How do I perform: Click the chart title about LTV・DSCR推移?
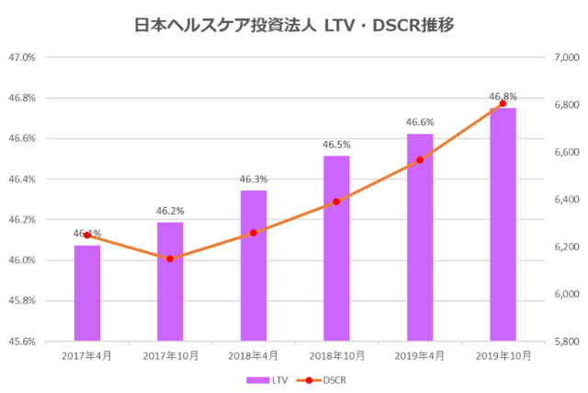coord(294,26)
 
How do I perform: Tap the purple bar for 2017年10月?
coord(170,282)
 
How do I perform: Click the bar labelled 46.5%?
coord(336,249)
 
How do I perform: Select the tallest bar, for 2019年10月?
coord(503,225)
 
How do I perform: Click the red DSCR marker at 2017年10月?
coord(170,259)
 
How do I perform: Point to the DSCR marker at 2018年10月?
coord(336,202)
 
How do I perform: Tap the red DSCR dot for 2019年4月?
coord(420,160)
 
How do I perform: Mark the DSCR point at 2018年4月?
coord(254,233)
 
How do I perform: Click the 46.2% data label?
coord(170,212)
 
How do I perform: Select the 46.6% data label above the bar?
coord(420,122)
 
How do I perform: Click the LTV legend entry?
coord(262,378)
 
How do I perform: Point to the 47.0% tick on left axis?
coord(22,57)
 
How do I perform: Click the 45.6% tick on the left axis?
coord(22,341)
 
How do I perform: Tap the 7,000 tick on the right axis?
coord(564,57)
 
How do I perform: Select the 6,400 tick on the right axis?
coord(564,200)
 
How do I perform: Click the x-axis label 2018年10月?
coord(336,355)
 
